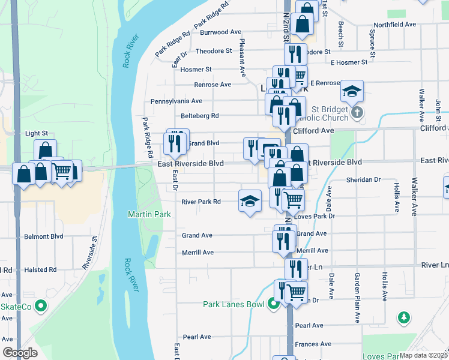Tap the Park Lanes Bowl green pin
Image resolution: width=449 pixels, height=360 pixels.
click(274, 304)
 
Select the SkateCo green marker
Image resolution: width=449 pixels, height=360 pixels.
click(41, 306)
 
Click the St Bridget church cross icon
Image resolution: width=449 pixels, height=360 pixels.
click(357, 112)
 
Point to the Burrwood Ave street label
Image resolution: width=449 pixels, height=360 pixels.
click(220, 32)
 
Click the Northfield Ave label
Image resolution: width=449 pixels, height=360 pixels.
click(394, 25)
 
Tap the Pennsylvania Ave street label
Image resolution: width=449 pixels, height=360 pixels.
click(176, 101)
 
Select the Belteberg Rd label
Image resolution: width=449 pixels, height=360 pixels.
click(200, 116)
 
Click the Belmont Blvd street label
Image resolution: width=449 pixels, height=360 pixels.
click(44, 236)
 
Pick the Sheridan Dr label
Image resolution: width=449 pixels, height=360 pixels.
click(364, 179)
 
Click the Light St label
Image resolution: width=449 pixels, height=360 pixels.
click(36, 133)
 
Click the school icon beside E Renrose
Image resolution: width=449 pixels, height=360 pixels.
click(351, 91)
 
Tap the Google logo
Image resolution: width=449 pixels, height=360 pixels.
click(20, 353)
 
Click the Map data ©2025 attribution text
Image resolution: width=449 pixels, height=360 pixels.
click(424, 355)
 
